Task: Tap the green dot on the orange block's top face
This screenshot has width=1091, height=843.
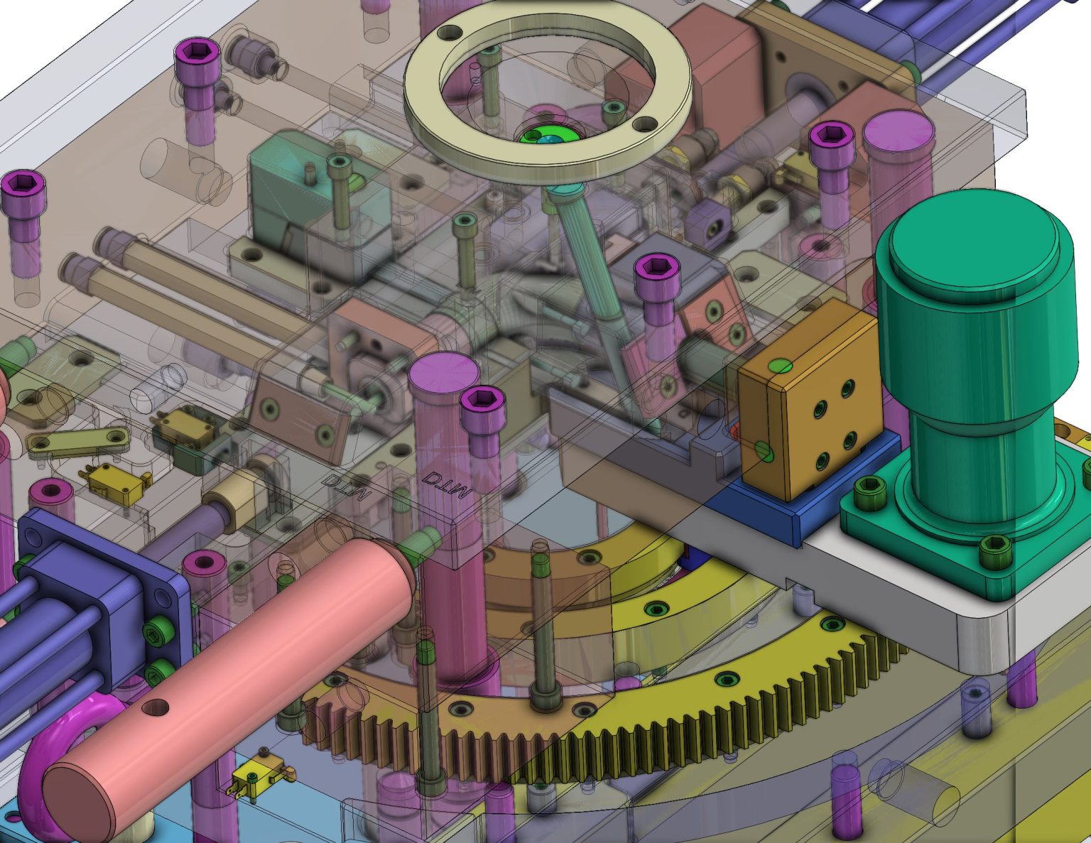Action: [781, 366]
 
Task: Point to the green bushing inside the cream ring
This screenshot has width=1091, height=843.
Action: [547, 137]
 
